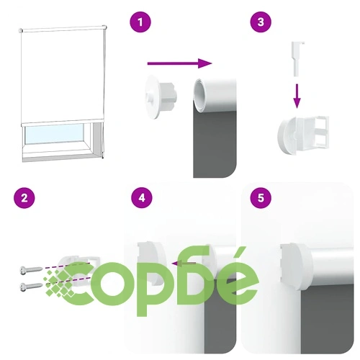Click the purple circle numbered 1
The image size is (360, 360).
(x=140, y=23)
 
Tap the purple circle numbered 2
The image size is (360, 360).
(x=24, y=199)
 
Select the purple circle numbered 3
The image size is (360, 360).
(x=261, y=22)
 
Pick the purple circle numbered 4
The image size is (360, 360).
(x=142, y=198)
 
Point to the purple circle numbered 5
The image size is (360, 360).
(x=261, y=198)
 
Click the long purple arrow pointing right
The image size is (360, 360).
(x=180, y=63)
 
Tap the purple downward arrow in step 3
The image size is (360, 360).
(x=297, y=96)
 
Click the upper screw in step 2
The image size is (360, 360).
(x=32, y=270)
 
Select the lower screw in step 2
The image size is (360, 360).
(x=32, y=287)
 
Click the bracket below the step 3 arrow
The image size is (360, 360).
(x=303, y=136)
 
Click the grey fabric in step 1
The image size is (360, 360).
(x=215, y=144)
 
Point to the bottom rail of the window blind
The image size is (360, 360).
(x=62, y=122)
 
